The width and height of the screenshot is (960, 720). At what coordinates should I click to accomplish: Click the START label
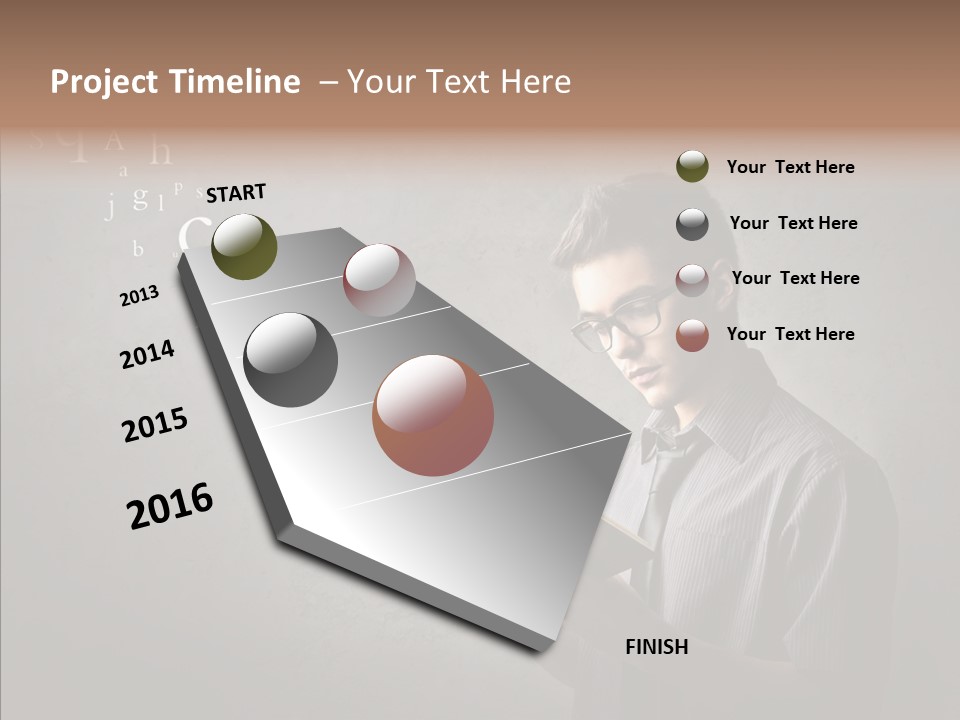(x=236, y=193)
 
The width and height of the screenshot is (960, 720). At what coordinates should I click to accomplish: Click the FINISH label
(x=657, y=647)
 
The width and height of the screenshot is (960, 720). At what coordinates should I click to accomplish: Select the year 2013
(x=140, y=295)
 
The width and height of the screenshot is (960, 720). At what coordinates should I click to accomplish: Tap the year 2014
(x=147, y=354)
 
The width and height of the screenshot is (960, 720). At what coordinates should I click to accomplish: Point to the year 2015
(x=155, y=425)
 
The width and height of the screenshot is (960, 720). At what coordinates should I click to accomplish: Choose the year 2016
(x=170, y=505)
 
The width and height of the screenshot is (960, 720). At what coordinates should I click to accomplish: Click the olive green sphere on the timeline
(x=244, y=246)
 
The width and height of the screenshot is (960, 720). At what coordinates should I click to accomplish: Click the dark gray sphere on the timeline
(x=290, y=360)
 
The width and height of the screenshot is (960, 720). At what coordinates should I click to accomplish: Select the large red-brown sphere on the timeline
(x=433, y=415)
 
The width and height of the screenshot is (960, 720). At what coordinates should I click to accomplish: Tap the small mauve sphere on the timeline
(x=379, y=279)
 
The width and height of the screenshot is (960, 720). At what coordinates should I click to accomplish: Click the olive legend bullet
(x=692, y=166)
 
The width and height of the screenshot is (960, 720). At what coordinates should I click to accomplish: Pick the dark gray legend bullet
(x=692, y=224)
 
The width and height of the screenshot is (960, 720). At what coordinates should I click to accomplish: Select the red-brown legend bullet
(x=692, y=335)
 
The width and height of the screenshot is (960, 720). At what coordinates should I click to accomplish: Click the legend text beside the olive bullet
(x=790, y=167)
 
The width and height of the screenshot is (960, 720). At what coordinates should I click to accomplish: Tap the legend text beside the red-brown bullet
(x=790, y=334)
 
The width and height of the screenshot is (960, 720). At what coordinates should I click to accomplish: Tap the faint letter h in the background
(x=160, y=152)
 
